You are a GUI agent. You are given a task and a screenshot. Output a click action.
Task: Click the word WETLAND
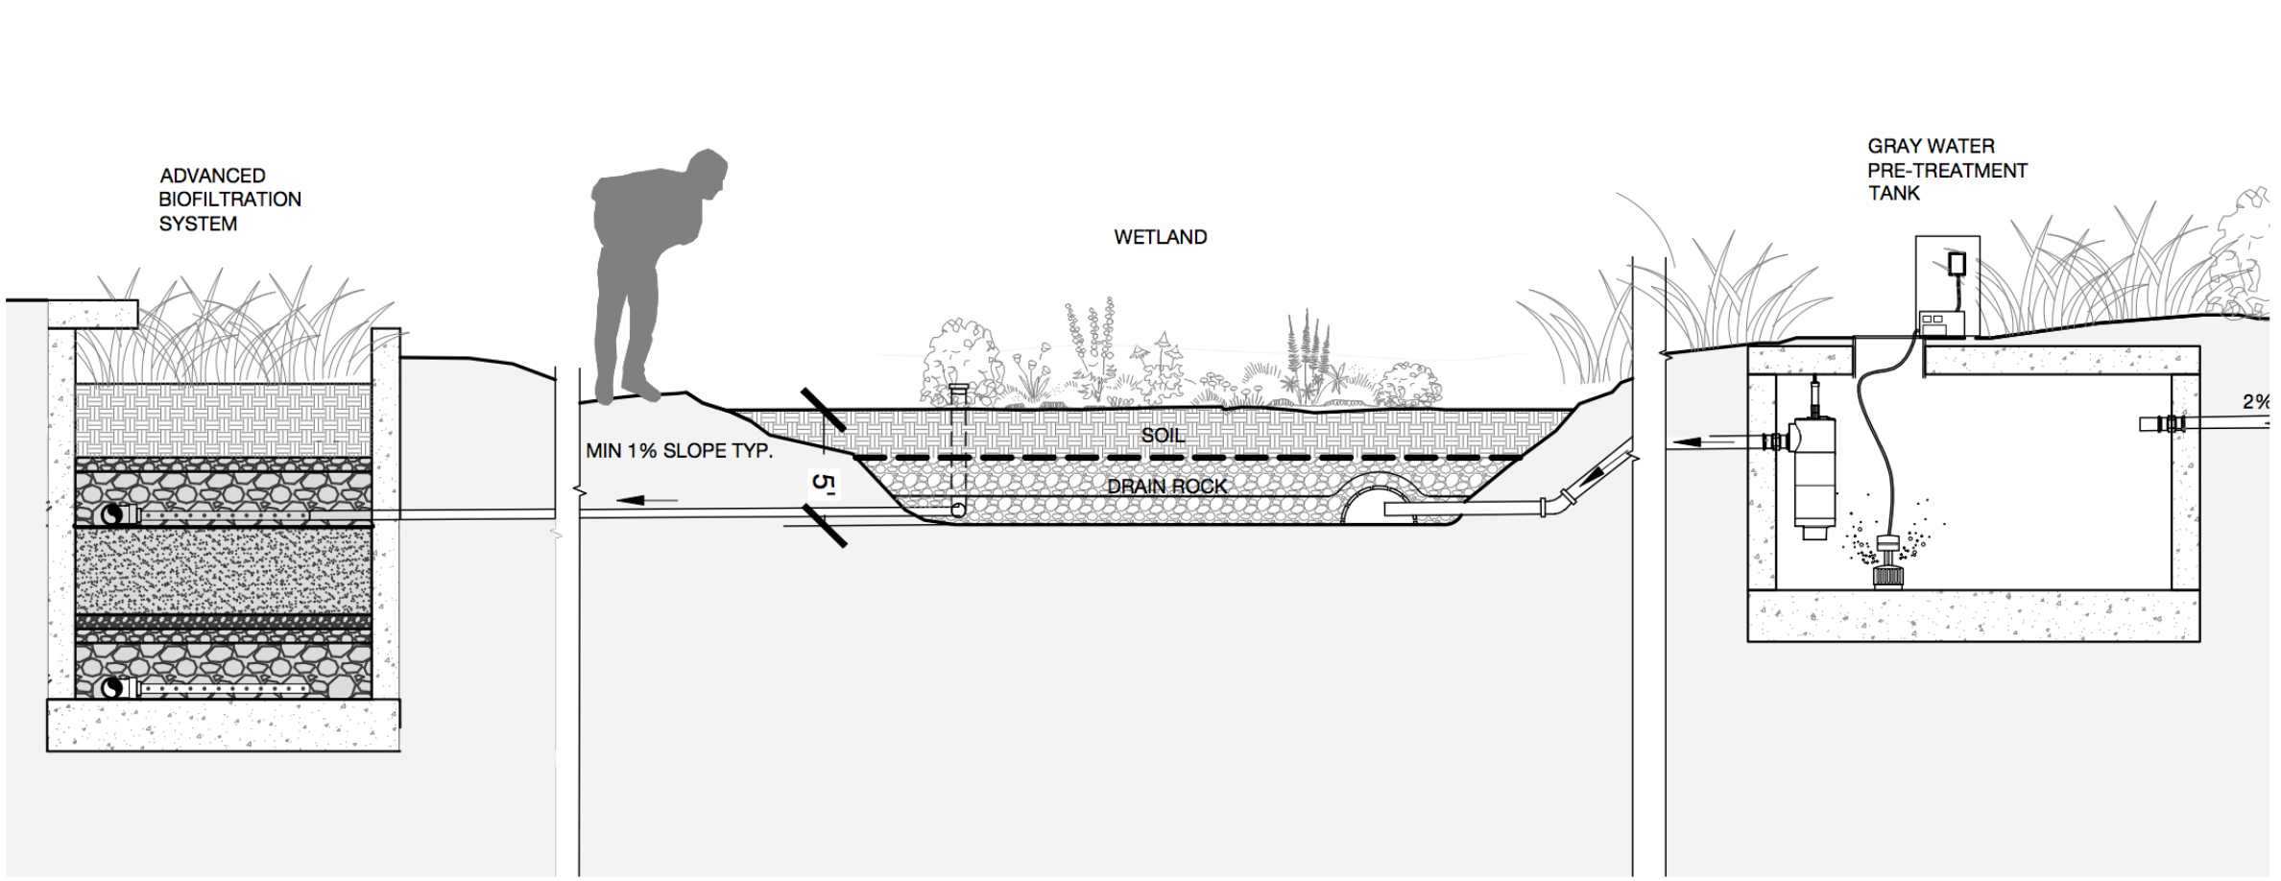1160,237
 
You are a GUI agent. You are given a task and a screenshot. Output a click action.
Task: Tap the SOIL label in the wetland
1162,436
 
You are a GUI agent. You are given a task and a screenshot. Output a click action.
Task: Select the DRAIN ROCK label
1166,487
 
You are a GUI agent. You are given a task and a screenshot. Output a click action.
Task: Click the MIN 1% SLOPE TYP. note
679,450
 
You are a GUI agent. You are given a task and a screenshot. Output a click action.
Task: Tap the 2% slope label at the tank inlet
2256,402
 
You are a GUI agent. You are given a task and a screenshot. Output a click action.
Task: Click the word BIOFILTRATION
229,200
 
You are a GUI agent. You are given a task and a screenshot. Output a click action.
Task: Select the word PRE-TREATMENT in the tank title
1947,171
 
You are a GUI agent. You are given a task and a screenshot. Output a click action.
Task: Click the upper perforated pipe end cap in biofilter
113,515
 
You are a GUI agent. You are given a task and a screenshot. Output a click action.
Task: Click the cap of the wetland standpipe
957,389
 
